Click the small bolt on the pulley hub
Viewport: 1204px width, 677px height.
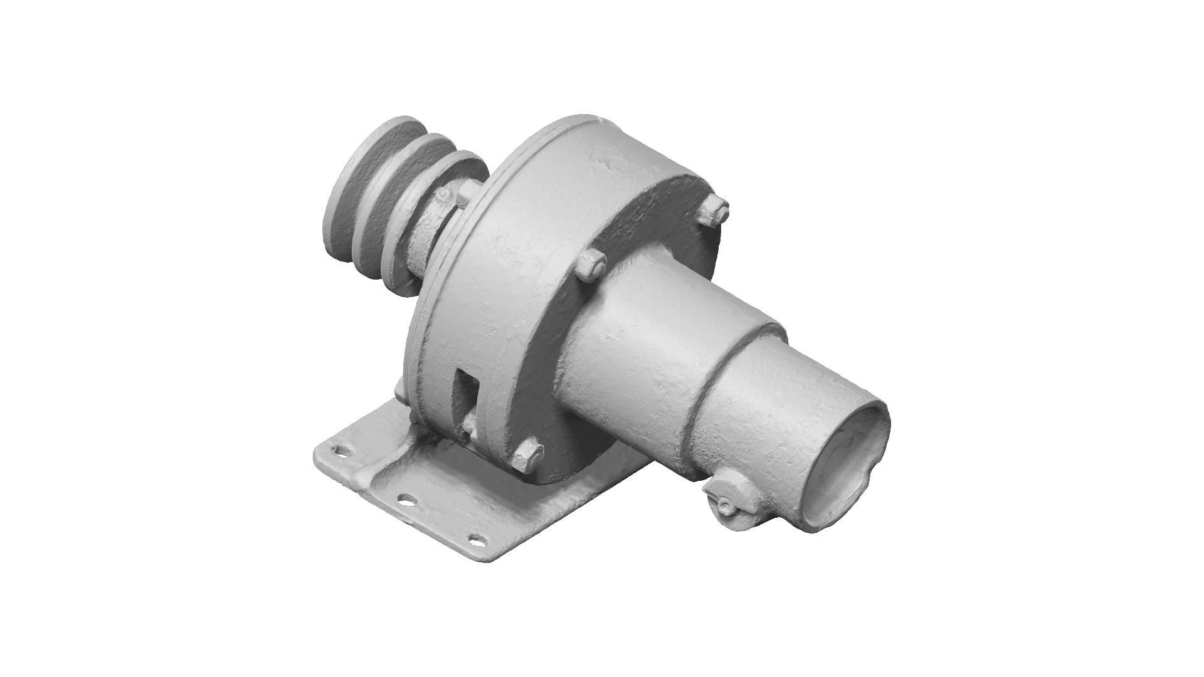[445, 196]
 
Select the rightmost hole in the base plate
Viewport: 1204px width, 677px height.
[477, 538]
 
